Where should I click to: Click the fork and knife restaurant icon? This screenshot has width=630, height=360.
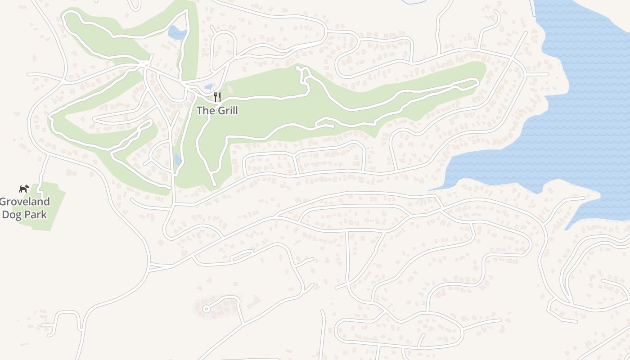click(x=217, y=97)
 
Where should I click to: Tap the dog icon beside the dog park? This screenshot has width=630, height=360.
click(x=24, y=189)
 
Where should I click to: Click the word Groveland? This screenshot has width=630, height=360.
click(x=25, y=202)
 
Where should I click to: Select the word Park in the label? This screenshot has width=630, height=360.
click(x=36, y=214)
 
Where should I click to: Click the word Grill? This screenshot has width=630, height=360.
click(x=227, y=110)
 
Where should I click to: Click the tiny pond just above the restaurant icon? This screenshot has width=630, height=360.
click(x=208, y=86)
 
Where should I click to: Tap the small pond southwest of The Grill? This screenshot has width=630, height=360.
click(x=178, y=159)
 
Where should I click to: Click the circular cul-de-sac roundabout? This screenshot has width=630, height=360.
click(x=206, y=309)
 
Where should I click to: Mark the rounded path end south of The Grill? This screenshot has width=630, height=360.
click(x=214, y=184)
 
